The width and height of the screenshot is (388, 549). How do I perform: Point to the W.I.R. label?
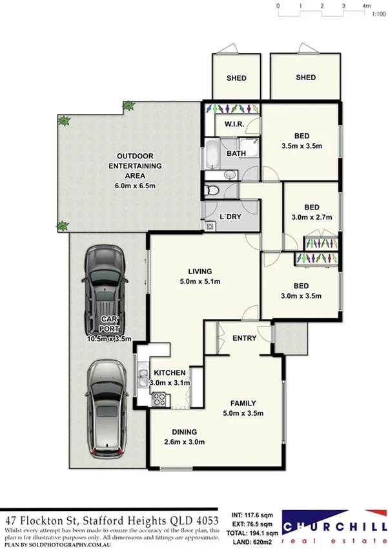(x=234, y=124)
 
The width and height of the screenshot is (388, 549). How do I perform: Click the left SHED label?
(x=236, y=78)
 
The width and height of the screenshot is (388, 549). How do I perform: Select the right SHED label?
(x=305, y=78)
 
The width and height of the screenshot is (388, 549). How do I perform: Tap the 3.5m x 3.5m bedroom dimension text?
(x=301, y=147)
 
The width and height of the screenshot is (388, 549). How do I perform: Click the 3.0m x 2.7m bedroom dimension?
(x=312, y=217)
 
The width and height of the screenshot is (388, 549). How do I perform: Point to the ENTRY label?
(x=244, y=338)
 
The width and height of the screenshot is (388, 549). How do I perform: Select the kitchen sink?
(x=140, y=375)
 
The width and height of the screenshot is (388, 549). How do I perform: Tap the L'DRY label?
(x=230, y=217)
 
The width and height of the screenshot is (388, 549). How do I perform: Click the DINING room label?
(x=184, y=432)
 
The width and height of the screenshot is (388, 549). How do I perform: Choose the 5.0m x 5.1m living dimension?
(x=200, y=281)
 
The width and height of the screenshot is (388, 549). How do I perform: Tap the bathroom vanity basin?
(x=230, y=175)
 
